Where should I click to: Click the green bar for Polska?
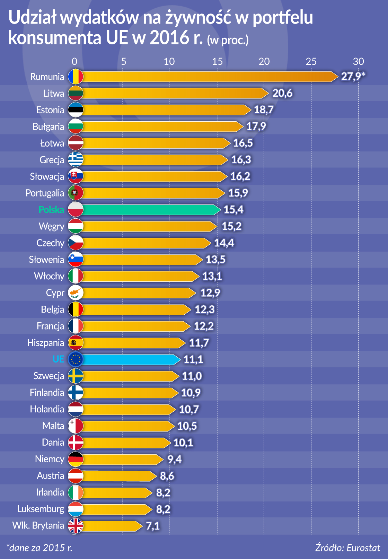point(149,210)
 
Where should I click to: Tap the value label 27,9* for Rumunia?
point(353,76)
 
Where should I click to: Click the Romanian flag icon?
point(76,77)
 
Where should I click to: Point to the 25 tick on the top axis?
point(311,61)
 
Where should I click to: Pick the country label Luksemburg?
point(41,509)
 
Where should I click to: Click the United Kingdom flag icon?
point(76,526)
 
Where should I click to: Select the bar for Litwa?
point(173,93)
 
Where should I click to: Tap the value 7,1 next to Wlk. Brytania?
point(153,526)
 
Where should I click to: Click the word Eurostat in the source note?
point(363,548)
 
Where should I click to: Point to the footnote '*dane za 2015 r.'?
point(39,548)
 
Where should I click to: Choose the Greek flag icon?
point(76,160)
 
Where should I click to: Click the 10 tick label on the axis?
point(169,61)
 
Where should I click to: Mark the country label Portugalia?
point(45,193)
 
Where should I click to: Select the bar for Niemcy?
point(121,459)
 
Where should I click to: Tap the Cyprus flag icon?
point(76,293)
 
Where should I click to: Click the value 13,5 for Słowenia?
point(215,260)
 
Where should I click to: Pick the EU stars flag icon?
point(76,359)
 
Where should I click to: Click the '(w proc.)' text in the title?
point(228,40)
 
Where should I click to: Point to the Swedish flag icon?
point(76,376)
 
